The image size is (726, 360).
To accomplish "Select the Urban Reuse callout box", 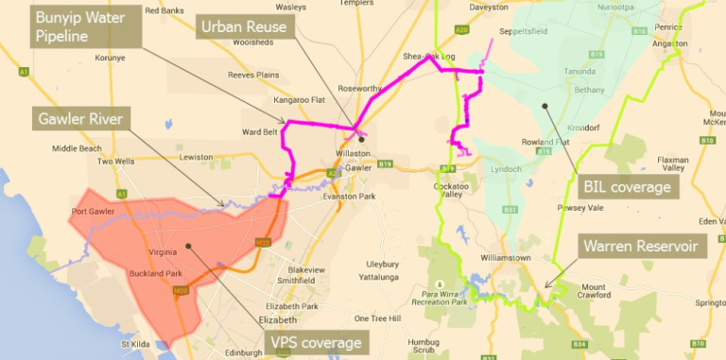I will [244, 26].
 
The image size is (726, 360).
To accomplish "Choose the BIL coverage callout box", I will [628, 186].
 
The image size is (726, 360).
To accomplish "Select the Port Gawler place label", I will [93, 211].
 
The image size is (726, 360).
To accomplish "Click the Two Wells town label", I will [117, 162].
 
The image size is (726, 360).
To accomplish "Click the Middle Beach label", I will [77, 148].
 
